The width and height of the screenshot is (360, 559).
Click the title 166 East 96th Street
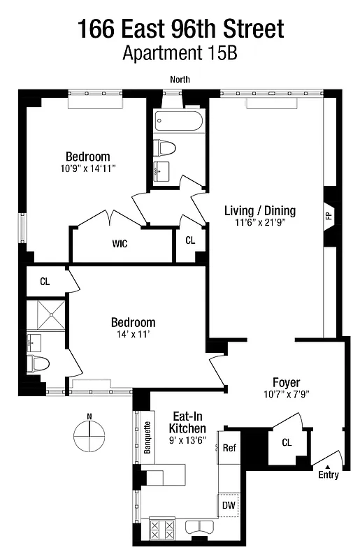[x=180, y=29]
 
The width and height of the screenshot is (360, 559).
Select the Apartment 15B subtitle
[x=180, y=53]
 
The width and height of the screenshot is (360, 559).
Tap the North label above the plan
[x=180, y=80]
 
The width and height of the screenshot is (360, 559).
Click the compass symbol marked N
[x=88, y=441]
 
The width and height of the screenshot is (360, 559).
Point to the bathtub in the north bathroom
[x=179, y=122]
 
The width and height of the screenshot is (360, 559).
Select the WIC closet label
[x=120, y=245]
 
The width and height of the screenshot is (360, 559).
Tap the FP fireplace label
[x=329, y=216]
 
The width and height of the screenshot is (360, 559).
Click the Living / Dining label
[x=259, y=210]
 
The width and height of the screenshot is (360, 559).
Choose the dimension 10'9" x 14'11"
[x=87, y=168]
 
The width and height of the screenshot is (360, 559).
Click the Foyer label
[x=287, y=382]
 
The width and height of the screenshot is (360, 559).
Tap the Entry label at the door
[x=328, y=475]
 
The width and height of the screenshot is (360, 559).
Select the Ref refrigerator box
[x=229, y=449]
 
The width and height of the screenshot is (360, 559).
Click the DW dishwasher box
[x=229, y=505]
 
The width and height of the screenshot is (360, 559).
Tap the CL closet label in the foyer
[x=286, y=442]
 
